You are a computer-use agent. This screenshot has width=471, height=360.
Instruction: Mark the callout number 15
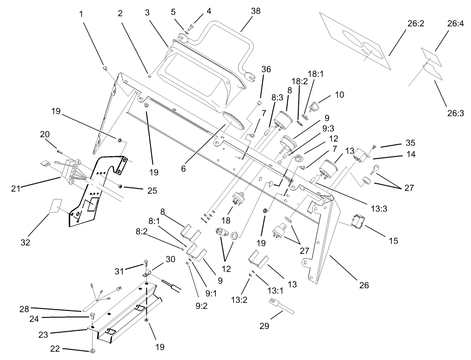coord(393,240)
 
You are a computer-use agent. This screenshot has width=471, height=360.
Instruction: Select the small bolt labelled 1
coord(105,68)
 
